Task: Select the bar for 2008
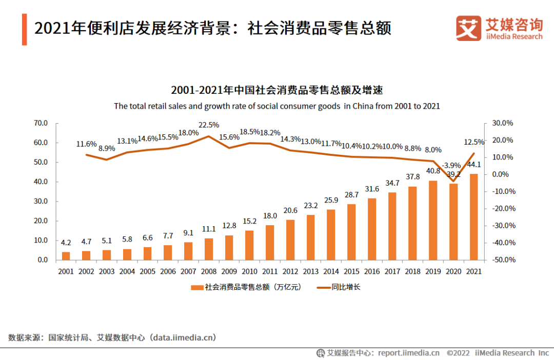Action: (209, 249)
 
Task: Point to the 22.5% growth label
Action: (209, 125)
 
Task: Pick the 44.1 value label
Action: (474, 165)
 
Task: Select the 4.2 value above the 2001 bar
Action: (66, 243)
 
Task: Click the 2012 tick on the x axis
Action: (290, 271)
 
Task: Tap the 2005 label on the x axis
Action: (147, 271)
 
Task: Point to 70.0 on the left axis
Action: (41, 123)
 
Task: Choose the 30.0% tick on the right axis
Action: (503, 123)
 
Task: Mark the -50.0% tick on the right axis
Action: (503, 260)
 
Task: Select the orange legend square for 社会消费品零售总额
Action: (195, 288)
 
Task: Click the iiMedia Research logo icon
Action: (468, 28)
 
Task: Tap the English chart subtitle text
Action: (276, 106)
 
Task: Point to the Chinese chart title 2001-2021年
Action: (276, 90)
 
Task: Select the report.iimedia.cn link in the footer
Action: (409, 353)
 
